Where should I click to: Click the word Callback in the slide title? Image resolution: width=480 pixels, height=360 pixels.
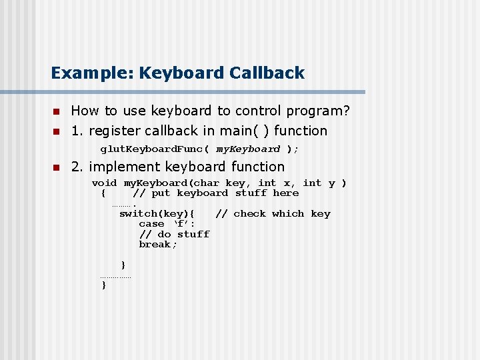(267, 73)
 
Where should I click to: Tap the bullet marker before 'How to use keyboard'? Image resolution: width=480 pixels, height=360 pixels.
(57, 111)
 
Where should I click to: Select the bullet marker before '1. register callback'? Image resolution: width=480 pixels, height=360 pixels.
(57, 131)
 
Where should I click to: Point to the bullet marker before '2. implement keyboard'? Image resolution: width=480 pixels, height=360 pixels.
(57, 167)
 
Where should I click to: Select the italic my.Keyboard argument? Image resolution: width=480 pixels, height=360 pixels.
(248, 149)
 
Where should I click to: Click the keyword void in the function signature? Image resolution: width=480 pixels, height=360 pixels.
(104, 183)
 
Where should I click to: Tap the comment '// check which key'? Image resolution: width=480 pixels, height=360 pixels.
(273, 214)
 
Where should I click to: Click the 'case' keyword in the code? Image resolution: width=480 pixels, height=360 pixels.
(151, 224)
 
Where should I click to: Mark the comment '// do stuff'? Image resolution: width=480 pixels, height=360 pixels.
(174, 234)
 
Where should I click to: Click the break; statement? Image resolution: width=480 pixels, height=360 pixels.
(158, 245)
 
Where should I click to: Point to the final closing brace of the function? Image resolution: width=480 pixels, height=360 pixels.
(103, 285)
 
